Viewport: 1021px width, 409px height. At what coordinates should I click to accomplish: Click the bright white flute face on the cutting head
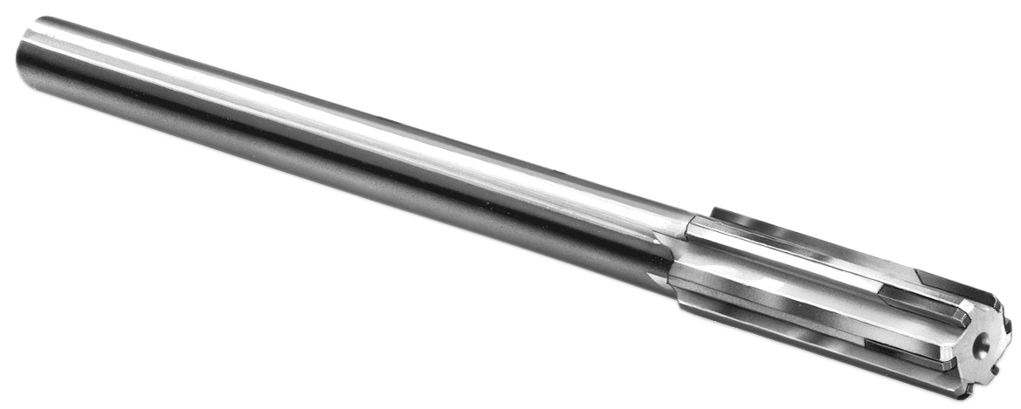pos(786,262)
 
